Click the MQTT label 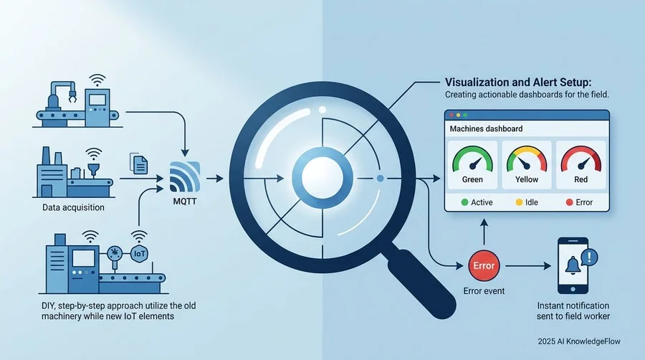(185, 202)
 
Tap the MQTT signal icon (185, 176)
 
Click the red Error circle (484, 266)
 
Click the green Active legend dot (465, 202)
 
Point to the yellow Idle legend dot (519, 202)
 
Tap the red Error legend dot (569, 202)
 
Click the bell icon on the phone (573, 265)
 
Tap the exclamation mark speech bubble (589, 257)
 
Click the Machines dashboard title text (486, 129)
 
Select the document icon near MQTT (139, 163)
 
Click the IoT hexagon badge (140, 253)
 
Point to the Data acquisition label (73, 207)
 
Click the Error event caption (484, 291)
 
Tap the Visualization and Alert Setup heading (518, 82)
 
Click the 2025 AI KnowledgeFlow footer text (579, 341)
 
